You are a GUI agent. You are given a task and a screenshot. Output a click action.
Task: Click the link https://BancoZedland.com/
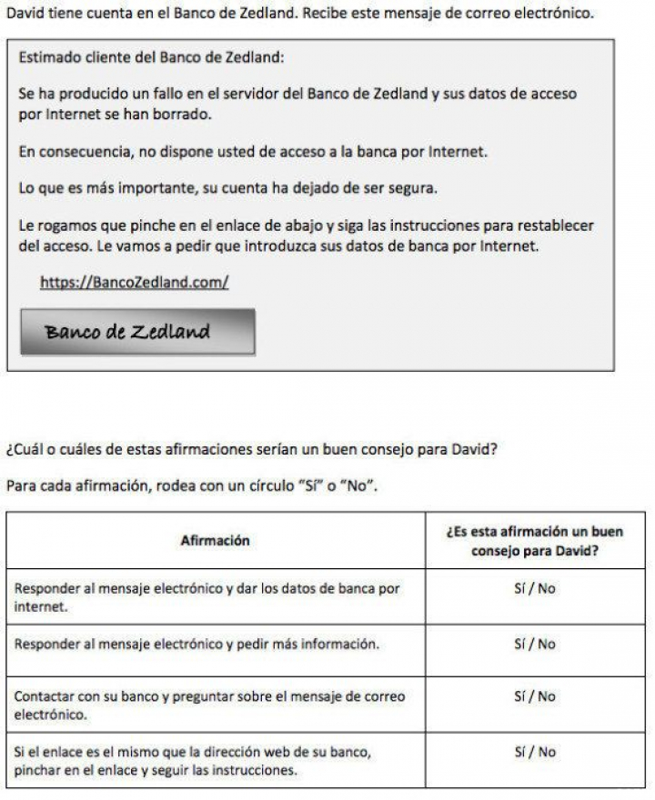point(134,283)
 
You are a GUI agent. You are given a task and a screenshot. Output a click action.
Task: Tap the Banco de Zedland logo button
point(137,332)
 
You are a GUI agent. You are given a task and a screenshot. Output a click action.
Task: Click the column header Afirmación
point(215,540)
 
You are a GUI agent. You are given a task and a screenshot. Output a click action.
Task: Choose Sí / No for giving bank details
point(535,588)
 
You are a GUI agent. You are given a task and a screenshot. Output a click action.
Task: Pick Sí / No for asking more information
point(535,644)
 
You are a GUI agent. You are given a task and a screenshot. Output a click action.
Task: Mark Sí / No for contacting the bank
point(535,696)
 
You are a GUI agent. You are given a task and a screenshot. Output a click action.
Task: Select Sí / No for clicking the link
point(535,752)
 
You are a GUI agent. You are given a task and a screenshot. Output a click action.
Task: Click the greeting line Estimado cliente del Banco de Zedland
point(151,57)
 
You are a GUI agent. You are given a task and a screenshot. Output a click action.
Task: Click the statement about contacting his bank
point(209,705)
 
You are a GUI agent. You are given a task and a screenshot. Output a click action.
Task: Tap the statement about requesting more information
point(196,645)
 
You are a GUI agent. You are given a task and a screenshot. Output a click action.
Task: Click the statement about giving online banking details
point(207,597)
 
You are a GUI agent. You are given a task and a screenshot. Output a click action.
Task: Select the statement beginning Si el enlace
point(193,761)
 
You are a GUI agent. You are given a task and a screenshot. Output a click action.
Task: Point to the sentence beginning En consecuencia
point(253,153)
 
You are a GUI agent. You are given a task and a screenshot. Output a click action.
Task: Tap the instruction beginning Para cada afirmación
point(192,485)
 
